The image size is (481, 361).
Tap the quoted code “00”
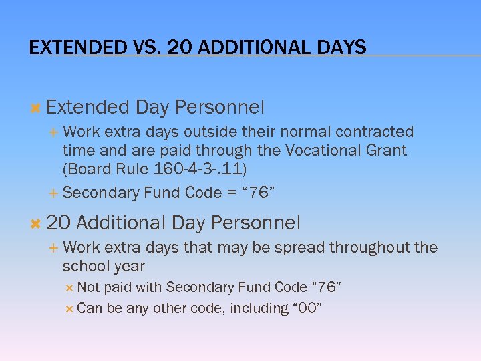(307, 308)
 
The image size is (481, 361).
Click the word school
(84, 266)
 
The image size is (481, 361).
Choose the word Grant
(385, 150)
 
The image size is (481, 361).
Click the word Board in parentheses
(87, 168)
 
